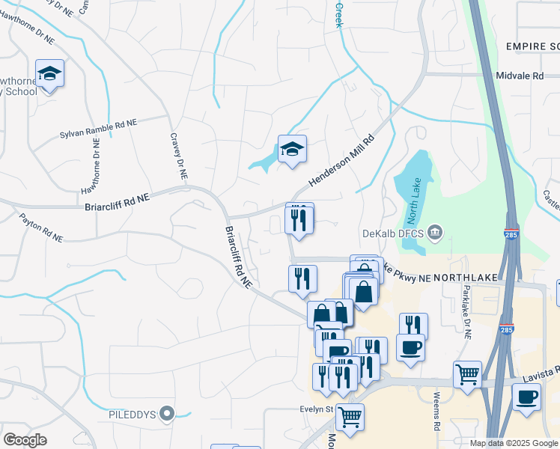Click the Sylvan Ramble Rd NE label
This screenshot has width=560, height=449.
click(99, 129)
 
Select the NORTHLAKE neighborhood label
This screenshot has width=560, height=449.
click(466, 278)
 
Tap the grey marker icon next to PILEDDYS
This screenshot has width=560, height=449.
click(168, 413)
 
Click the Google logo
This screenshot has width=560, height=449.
click(25, 440)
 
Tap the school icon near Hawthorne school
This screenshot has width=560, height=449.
click(50, 73)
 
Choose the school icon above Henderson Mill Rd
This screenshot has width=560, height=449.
click(292, 149)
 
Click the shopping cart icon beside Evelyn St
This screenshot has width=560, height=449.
click(350, 417)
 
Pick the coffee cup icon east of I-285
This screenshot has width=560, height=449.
click(526, 396)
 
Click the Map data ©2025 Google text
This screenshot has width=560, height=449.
click(514, 443)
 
